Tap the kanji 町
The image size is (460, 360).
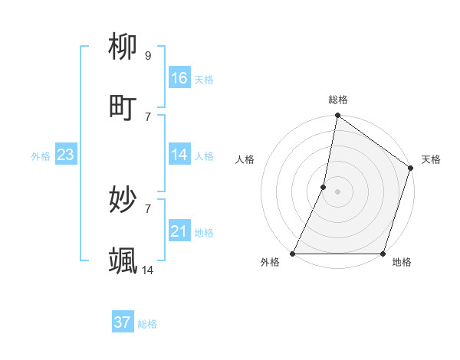tap(123, 107)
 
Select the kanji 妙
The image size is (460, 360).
tap(123, 200)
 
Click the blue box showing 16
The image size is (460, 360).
tap(179, 78)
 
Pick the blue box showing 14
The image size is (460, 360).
tap(179, 155)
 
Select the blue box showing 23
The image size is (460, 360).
tap(65, 155)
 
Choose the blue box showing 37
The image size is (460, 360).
tap(123, 322)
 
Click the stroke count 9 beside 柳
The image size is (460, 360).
tap(148, 55)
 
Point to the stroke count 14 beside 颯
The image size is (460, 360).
tap(148, 270)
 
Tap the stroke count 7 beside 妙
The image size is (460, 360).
tap(148, 208)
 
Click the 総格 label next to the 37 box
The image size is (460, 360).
tap(147, 324)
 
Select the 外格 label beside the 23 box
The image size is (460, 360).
tap(41, 156)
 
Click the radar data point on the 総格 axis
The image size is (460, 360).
tap(337, 116)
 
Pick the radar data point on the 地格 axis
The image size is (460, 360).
tap(383, 254)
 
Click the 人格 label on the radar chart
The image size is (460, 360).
tap(245, 160)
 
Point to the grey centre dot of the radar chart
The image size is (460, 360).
tap(337, 191)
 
